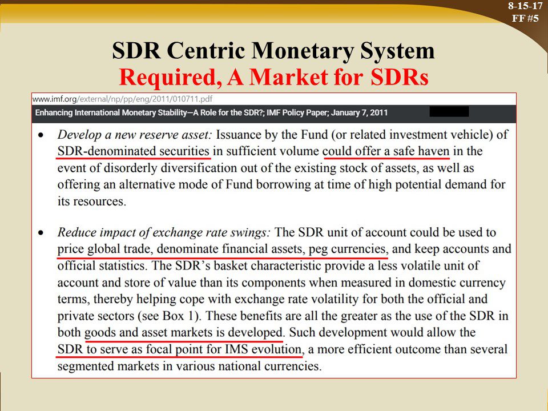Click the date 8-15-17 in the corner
pos(525,6)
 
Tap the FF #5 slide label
pos(525,18)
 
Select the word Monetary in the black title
pos(303,51)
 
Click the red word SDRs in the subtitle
pos(399,77)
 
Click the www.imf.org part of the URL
pos(55,99)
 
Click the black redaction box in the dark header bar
pos(449,112)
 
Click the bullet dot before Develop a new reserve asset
pos(42,135)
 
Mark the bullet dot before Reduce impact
pos(42,233)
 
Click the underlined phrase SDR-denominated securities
pos(133,151)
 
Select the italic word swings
pos(251,233)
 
